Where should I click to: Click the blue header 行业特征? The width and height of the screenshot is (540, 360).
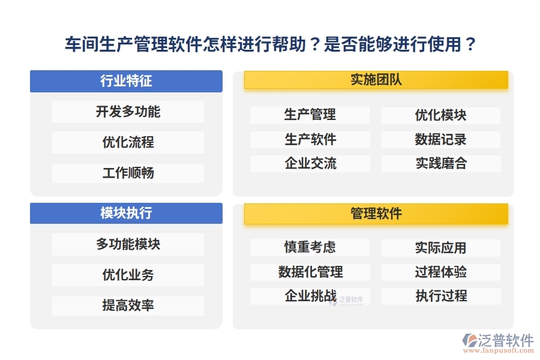pyautogui.click(x=126, y=82)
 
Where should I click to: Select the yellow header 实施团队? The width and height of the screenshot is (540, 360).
pyautogui.click(x=376, y=80)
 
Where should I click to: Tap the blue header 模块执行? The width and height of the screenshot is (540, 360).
pyautogui.click(x=126, y=213)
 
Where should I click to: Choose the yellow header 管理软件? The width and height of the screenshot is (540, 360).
pyautogui.click(x=376, y=213)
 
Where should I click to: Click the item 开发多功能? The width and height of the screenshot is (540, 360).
pyautogui.click(x=128, y=112)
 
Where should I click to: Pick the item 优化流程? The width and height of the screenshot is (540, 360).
pyautogui.click(x=128, y=143)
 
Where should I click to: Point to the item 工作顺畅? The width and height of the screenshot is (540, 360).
pyautogui.click(x=128, y=173)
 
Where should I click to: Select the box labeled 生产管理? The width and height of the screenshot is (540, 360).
pyautogui.click(x=310, y=115)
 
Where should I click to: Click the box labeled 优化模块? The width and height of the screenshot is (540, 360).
pyautogui.click(x=440, y=115)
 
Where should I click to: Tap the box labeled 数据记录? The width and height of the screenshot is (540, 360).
pyautogui.click(x=440, y=140)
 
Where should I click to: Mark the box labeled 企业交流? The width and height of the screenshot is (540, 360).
pyautogui.click(x=310, y=164)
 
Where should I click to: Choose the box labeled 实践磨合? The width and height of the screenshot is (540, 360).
pyautogui.click(x=440, y=164)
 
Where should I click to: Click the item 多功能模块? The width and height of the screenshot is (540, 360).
pyautogui.click(x=128, y=244)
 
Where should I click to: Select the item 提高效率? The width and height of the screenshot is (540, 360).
pyautogui.click(x=128, y=305)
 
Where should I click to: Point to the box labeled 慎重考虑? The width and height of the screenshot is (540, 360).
pyautogui.click(x=310, y=247)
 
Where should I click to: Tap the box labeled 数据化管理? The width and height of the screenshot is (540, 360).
pyautogui.click(x=310, y=272)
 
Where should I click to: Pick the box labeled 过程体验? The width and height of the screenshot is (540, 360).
pyautogui.click(x=440, y=272)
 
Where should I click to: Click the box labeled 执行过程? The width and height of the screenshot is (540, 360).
pyautogui.click(x=440, y=296)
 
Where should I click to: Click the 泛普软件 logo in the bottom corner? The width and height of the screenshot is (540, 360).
pyautogui.click(x=497, y=342)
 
